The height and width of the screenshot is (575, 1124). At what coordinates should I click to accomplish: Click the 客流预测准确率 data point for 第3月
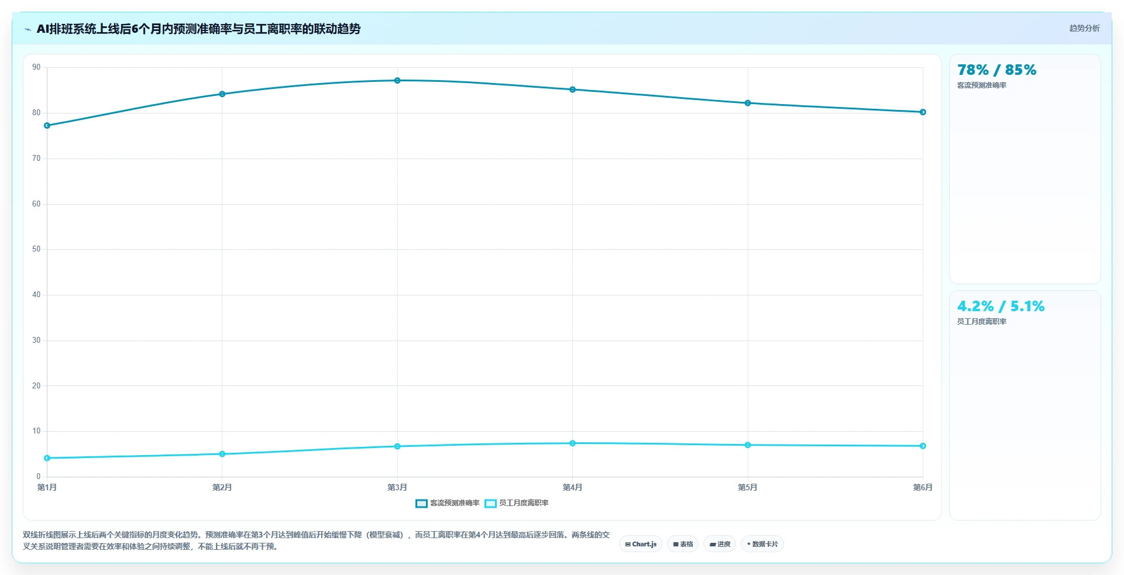[397, 81]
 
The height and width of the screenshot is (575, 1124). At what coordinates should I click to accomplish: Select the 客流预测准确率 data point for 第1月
[47, 126]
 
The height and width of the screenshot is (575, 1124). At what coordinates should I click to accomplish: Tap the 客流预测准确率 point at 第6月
[923, 112]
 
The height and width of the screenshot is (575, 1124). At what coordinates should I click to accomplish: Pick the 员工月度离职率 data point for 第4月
[572, 443]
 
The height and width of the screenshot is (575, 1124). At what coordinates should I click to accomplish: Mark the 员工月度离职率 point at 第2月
[222, 454]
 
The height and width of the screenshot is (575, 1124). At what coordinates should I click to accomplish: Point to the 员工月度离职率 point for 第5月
[748, 445]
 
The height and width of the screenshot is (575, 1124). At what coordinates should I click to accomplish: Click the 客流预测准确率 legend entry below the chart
[448, 503]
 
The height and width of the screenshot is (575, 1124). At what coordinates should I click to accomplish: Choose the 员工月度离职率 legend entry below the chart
[517, 503]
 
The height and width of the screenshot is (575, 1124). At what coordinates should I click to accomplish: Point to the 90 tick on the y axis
[36, 67]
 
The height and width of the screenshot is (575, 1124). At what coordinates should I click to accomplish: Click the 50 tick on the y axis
[36, 249]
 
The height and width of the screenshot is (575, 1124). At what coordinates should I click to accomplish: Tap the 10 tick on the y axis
[36, 431]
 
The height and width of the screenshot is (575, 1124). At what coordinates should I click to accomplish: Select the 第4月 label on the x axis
[572, 487]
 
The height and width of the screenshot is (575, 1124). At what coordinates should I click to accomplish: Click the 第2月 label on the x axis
[222, 487]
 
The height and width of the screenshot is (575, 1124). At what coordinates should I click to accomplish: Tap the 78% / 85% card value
[996, 70]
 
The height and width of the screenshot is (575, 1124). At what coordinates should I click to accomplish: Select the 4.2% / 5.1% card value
[1001, 307]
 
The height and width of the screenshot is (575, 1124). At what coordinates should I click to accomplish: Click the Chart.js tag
[641, 544]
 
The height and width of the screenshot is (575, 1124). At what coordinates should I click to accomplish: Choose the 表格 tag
[683, 544]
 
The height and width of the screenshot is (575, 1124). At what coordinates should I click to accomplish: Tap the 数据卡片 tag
[762, 544]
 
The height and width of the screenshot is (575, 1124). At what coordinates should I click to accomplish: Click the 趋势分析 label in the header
[1084, 28]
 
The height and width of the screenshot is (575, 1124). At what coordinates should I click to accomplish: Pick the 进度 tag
[720, 544]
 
